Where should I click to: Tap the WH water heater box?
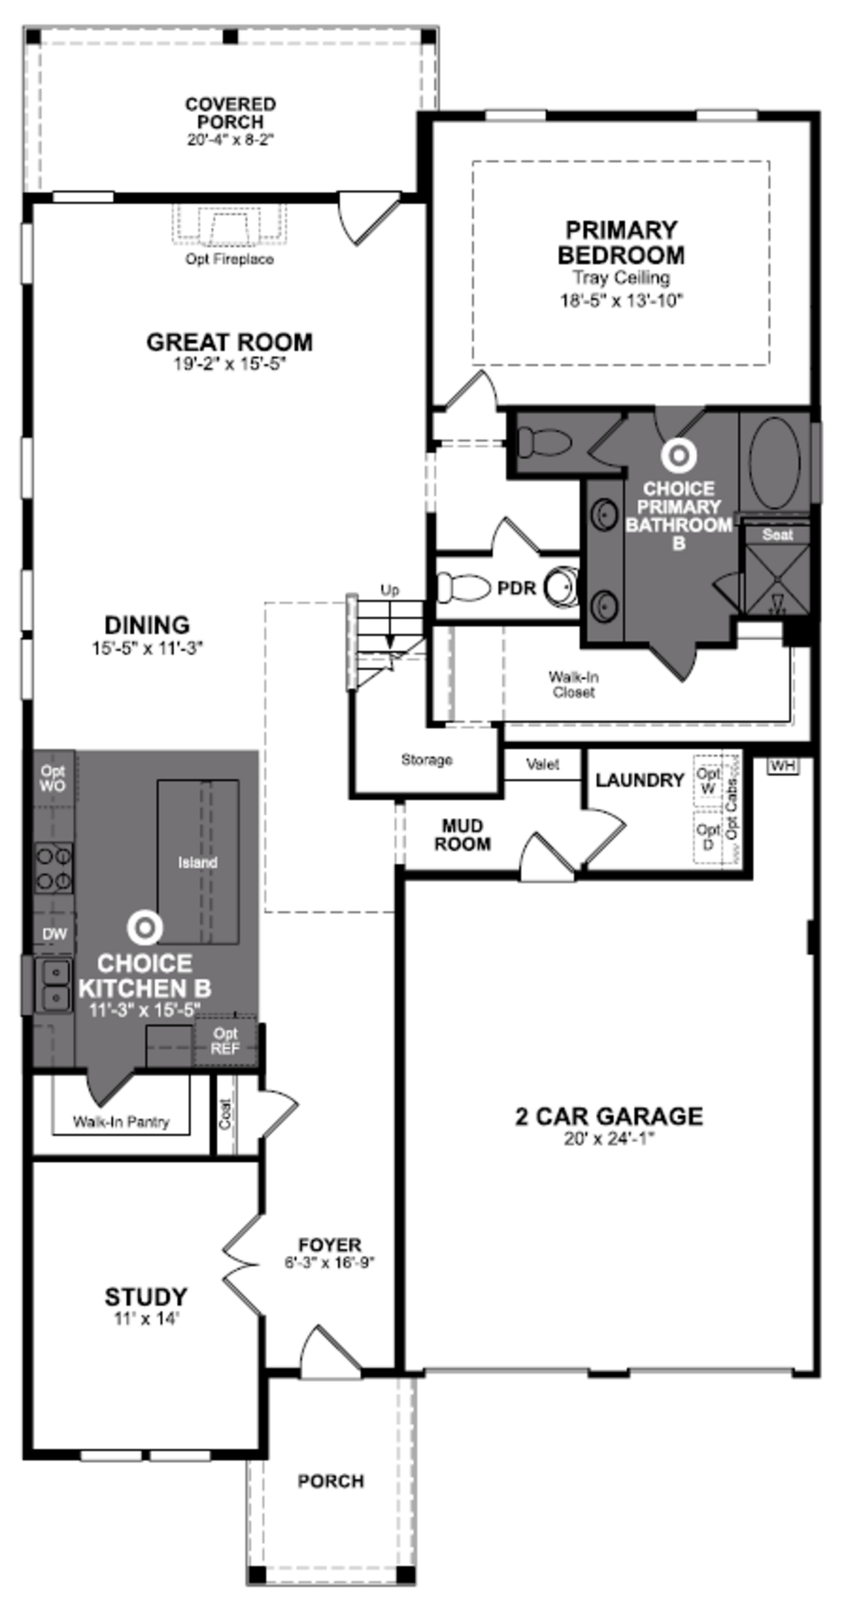pyautogui.click(x=782, y=766)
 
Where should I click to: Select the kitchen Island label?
pyautogui.click(x=197, y=863)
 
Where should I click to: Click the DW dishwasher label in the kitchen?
pyautogui.click(x=54, y=934)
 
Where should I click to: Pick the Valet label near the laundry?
pyautogui.click(x=543, y=765)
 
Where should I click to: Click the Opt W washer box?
pyautogui.click(x=708, y=780)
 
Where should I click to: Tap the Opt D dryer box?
pyautogui.click(x=708, y=836)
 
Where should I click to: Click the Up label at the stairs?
pyautogui.click(x=389, y=590)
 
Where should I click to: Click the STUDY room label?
pyautogui.click(x=146, y=1296)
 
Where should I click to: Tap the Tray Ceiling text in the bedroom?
pyautogui.click(x=620, y=277)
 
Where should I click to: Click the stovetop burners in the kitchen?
pyautogui.click(x=53, y=869)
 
